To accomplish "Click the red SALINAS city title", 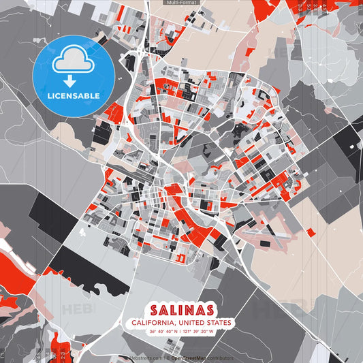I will pyautogui.click(x=182, y=310).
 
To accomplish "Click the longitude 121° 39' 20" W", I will pyautogui.click(x=199, y=332).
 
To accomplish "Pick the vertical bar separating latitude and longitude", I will pyautogui.click(x=181, y=332).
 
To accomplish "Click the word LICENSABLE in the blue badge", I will pyautogui.click(x=73, y=95).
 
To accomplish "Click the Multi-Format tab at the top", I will pyautogui.click(x=181, y=3).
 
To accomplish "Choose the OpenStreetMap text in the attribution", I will pyautogui.click(x=189, y=358).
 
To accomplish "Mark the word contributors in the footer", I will pyautogui.click(x=220, y=358).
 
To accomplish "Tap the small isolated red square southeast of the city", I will pyautogui.click(x=311, y=232).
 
